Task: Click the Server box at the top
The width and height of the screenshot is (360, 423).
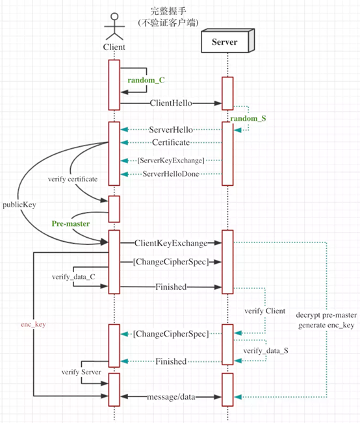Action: [227, 41]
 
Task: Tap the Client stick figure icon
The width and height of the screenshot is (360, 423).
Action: [114, 27]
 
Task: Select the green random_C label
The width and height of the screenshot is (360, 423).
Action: [146, 81]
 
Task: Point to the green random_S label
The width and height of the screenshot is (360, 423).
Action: [248, 118]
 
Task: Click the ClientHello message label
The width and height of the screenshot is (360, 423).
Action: [171, 103]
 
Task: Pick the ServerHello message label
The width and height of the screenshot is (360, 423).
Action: [171, 130]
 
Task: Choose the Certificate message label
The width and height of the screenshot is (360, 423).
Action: [171, 142]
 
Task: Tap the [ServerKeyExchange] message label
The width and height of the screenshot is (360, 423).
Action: [171, 160]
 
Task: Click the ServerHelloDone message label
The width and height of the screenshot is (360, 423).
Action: [171, 174]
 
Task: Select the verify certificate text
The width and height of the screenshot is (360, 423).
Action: [73, 179]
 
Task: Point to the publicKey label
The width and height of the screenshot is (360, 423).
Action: [19, 205]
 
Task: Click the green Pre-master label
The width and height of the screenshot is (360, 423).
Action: [71, 224]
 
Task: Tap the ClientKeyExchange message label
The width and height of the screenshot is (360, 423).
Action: [171, 243]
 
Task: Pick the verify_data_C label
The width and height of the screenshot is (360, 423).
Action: [73, 277]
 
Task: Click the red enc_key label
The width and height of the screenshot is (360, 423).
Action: [33, 324]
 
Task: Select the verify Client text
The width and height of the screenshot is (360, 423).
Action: [264, 311]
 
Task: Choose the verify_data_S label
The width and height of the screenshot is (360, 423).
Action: [266, 351]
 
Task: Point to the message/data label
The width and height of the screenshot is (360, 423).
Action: [171, 397]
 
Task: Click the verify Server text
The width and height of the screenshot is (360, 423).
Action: [81, 372]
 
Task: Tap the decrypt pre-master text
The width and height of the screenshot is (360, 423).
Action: [326, 315]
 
